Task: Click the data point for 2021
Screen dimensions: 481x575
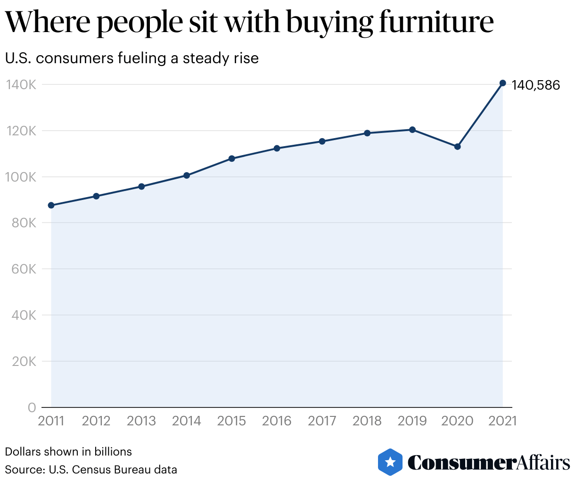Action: pyautogui.click(x=502, y=83)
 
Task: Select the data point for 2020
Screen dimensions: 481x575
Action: pyautogui.click(x=457, y=147)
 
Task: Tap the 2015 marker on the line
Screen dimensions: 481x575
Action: pyautogui.click(x=231, y=158)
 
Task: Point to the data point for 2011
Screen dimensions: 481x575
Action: pyautogui.click(x=51, y=205)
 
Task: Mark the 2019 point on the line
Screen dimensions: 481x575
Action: pyautogui.click(x=412, y=130)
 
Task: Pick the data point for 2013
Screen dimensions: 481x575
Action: pyautogui.click(x=141, y=186)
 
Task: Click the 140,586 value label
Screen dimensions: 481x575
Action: pyautogui.click(x=536, y=85)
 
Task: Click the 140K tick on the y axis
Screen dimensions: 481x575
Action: pyautogui.click(x=21, y=85)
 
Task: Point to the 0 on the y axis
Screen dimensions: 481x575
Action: pyautogui.click(x=32, y=407)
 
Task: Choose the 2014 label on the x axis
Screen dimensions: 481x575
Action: pyautogui.click(x=187, y=421)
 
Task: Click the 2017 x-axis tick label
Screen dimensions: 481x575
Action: pyautogui.click(x=322, y=421)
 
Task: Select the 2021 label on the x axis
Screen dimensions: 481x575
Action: pyautogui.click(x=502, y=421)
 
